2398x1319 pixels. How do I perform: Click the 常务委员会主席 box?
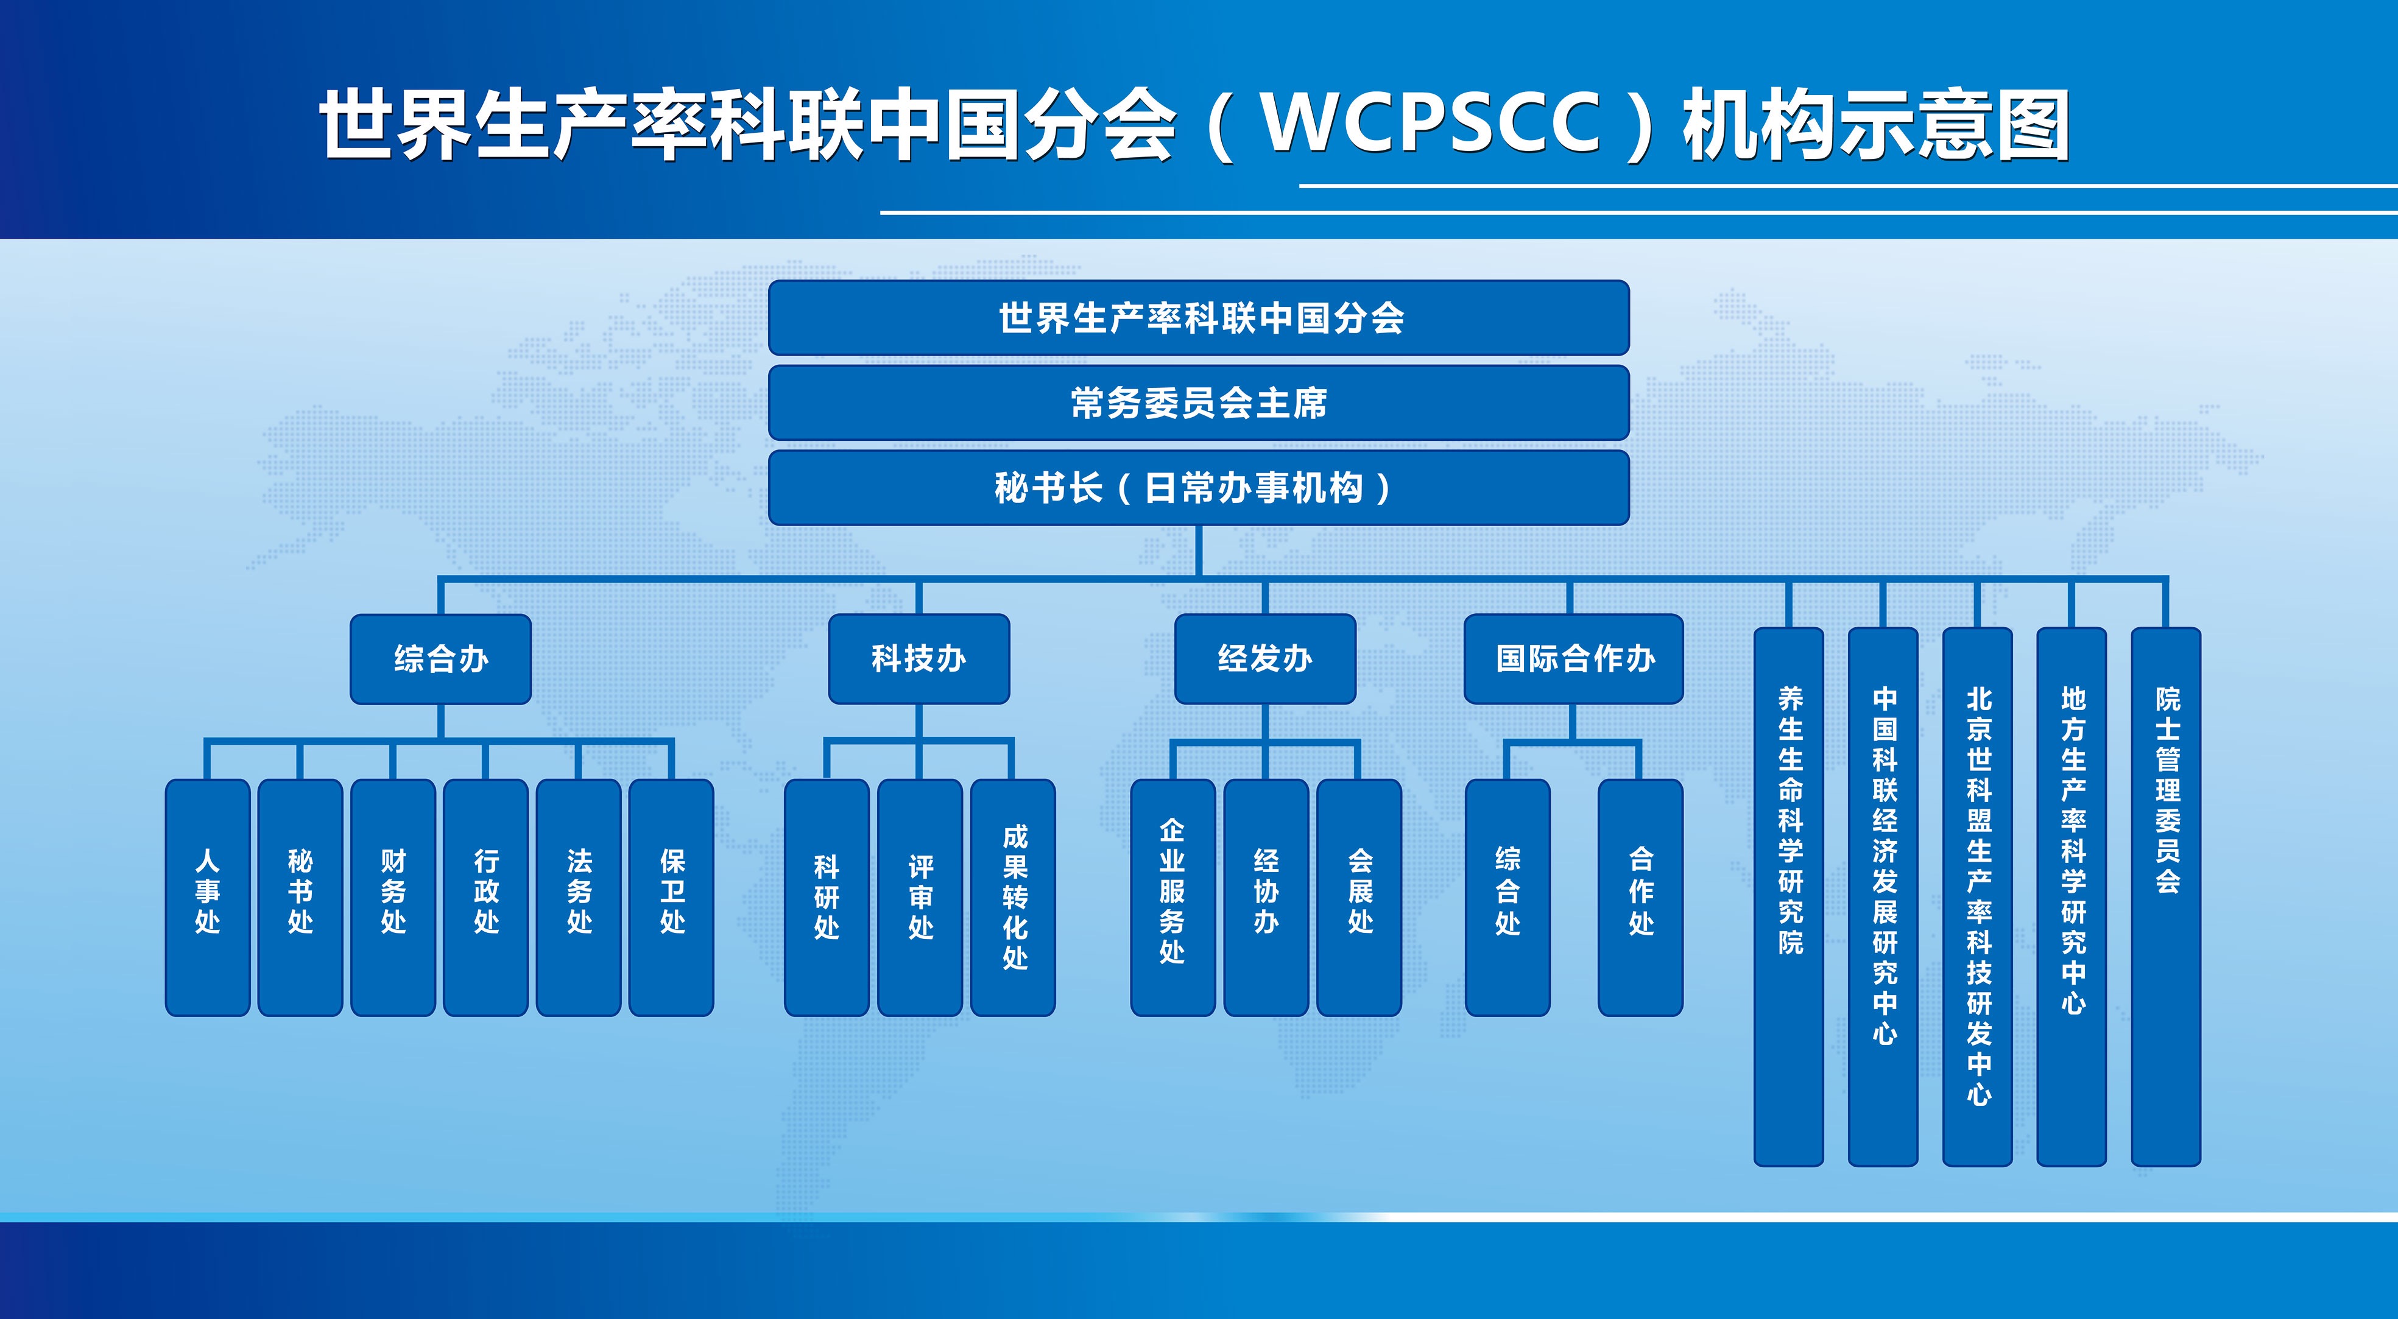[1198, 402]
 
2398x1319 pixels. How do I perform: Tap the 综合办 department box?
[440, 659]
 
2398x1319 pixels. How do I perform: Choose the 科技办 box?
[919, 659]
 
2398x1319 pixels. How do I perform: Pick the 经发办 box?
[1265, 659]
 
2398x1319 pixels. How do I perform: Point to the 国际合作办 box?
[1573, 659]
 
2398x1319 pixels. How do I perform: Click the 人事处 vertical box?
[206, 896]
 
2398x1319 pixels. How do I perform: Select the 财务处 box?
[393, 896]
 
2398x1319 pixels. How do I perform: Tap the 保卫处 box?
[671, 896]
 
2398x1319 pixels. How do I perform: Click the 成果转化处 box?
[1014, 896]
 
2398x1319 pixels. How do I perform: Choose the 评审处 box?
[920, 896]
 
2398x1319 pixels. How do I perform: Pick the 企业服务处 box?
[1172, 896]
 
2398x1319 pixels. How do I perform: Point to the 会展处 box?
[1359, 896]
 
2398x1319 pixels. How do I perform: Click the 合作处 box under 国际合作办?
[1640, 896]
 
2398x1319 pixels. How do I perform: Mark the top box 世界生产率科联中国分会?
[1198, 317]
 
